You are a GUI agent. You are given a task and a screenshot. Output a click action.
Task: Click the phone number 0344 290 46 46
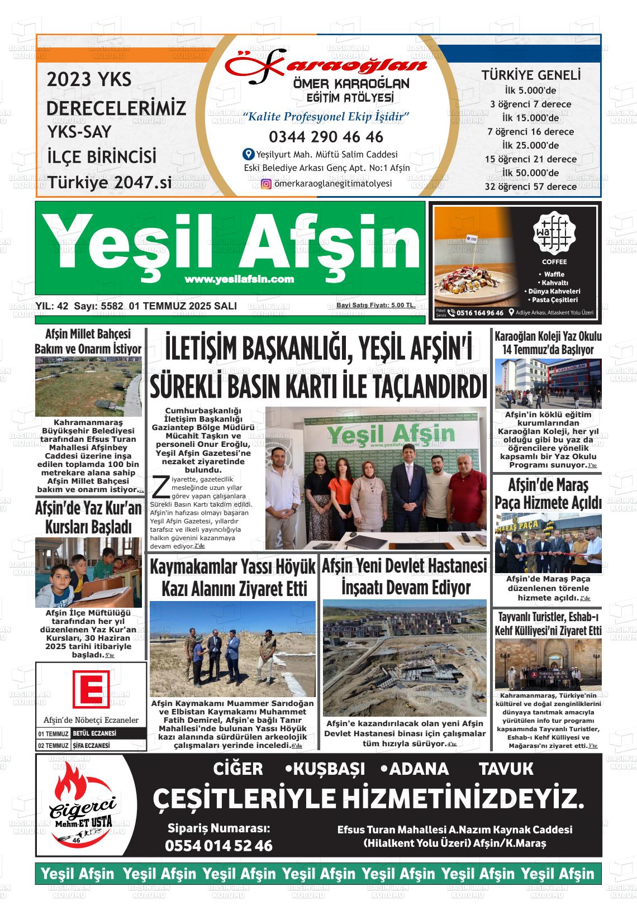point(326,137)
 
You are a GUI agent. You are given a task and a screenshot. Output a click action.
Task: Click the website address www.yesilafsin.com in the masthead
point(239,279)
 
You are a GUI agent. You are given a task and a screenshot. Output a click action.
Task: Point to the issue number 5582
point(112,306)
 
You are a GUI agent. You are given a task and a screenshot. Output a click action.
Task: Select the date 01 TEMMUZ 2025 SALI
point(183,306)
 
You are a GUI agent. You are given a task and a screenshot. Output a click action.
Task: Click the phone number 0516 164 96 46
point(479,313)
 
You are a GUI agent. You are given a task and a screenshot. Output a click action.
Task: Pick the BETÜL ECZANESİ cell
point(108,733)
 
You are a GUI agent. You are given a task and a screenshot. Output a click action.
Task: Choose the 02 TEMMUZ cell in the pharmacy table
point(53,746)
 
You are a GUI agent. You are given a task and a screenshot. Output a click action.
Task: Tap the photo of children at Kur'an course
point(88,573)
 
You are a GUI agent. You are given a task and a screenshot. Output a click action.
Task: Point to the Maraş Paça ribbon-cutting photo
point(548,541)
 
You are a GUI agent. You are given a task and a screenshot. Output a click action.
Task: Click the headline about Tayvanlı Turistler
point(548,624)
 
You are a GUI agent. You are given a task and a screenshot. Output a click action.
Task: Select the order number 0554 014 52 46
point(218,846)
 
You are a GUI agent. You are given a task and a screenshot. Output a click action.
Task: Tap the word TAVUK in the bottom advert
point(506,769)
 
